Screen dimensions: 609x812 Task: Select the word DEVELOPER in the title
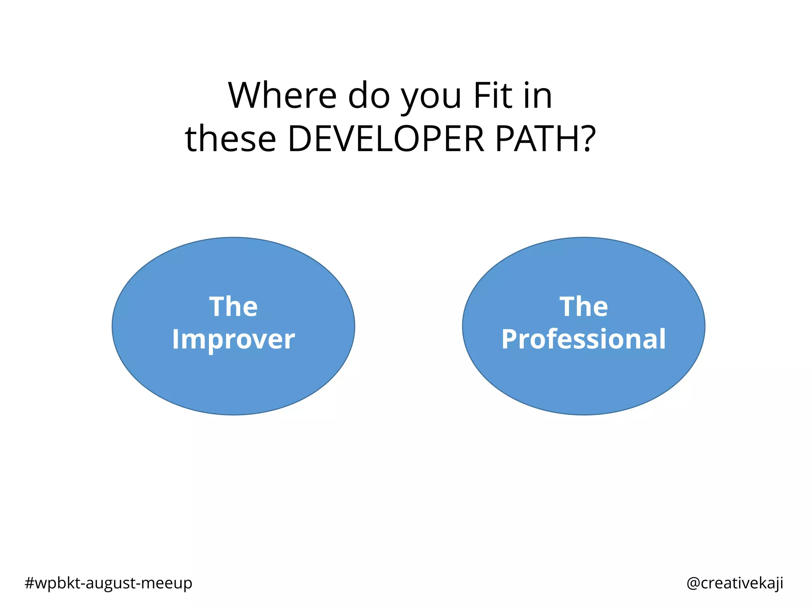coord(386,139)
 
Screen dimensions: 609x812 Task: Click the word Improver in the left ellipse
coord(234,340)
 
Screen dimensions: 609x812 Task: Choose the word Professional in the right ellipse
coord(584,339)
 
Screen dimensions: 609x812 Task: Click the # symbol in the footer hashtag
coord(29,583)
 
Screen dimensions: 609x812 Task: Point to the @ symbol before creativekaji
coord(693,583)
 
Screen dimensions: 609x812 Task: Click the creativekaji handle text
coord(741,583)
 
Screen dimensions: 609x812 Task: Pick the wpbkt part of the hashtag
coord(58,583)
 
